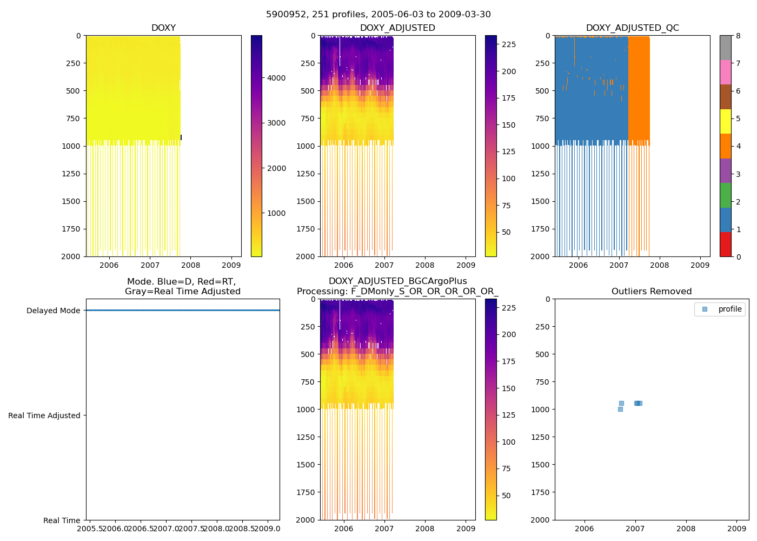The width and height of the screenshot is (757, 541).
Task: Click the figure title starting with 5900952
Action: [378, 15]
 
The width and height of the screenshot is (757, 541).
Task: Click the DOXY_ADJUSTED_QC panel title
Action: [632, 28]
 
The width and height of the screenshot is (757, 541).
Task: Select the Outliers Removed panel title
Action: [651, 292]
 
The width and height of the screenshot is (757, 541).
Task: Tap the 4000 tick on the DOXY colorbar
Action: [276, 78]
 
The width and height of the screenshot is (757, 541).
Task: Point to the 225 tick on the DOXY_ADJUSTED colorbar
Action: [509, 44]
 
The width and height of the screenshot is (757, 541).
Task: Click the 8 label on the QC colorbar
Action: [738, 36]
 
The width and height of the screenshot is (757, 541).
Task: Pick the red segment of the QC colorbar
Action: [725, 245]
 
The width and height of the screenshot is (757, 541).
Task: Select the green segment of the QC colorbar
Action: [725, 195]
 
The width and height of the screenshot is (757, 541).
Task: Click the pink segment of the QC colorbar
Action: [725, 72]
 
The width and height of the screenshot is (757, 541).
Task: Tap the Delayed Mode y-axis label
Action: [53, 311]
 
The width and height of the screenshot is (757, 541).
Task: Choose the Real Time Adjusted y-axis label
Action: [44, 415]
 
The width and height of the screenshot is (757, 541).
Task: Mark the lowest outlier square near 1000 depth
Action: [620, 409]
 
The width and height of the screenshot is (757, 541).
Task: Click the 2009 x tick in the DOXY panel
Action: [231, 265]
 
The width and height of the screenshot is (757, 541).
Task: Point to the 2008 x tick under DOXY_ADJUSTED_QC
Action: [659, 265]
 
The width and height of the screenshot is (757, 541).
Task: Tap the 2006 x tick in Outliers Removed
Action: [584, 529]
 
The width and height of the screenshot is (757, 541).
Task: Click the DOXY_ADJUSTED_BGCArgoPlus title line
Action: [397, 281]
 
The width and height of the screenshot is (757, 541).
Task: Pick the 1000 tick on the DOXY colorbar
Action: [276, 213]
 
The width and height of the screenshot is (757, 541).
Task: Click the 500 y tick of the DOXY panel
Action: [72, 91]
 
